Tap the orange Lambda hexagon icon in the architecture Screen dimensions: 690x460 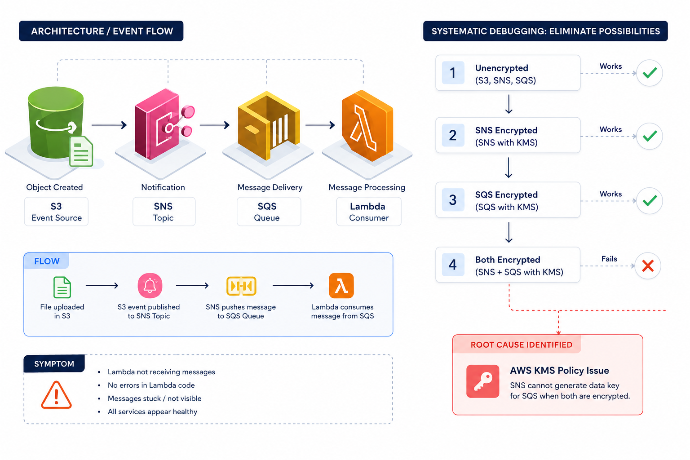pos(367,125)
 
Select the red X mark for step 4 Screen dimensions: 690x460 pos(648,266)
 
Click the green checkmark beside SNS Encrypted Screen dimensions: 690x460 pos(650,136)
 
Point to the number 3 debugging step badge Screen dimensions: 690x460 pos(453,199)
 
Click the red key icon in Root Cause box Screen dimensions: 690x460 pos(483,381)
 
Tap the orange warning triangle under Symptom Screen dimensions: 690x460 pos(56,395)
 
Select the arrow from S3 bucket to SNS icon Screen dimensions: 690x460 pos(109,125)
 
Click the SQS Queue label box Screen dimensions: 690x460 pos(269,212)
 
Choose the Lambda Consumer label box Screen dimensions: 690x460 pos(369,212)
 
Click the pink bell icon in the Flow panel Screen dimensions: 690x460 pos(150,286)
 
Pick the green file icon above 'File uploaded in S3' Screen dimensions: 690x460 pos(62,287)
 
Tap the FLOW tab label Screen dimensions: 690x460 pos(47,261)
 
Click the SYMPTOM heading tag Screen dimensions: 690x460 pos(54,363)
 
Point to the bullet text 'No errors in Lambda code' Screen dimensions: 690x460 pos(151,385)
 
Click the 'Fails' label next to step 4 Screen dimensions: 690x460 pos(609,259)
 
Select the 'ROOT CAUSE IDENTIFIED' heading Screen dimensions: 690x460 pos(522,345)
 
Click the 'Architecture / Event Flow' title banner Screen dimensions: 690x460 pos(101,31)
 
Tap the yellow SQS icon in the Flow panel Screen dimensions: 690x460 pos(241,286)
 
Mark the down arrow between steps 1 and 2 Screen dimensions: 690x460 pos(509,104)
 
